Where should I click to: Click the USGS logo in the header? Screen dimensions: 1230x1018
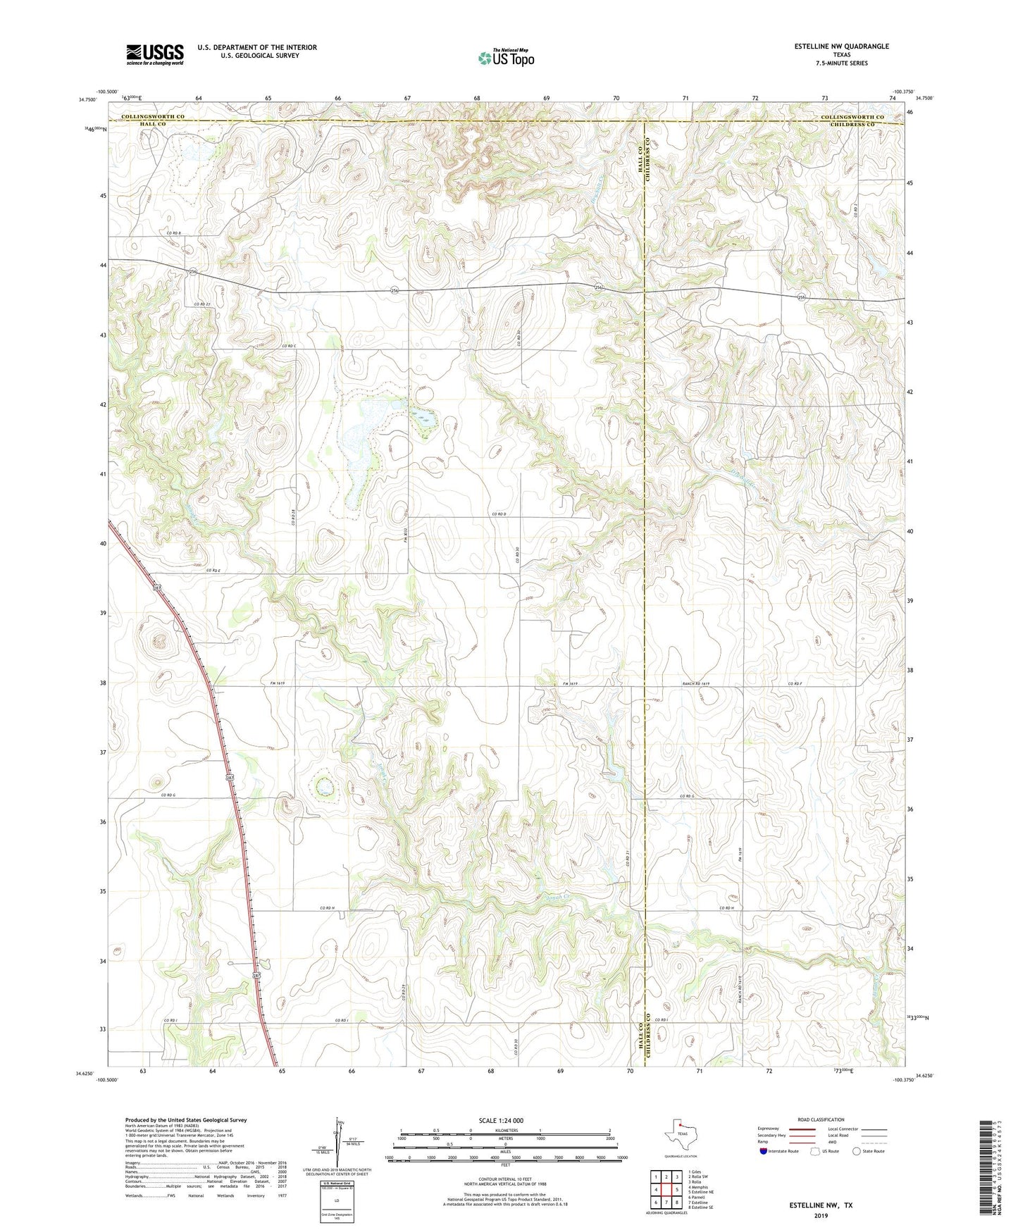155,54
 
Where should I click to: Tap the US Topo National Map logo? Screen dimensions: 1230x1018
505,58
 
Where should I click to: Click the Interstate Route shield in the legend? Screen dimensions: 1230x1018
764,1151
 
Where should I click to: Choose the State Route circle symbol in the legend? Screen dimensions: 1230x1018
857,1151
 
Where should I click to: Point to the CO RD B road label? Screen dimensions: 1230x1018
174,233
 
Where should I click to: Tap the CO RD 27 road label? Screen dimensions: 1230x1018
203,304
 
